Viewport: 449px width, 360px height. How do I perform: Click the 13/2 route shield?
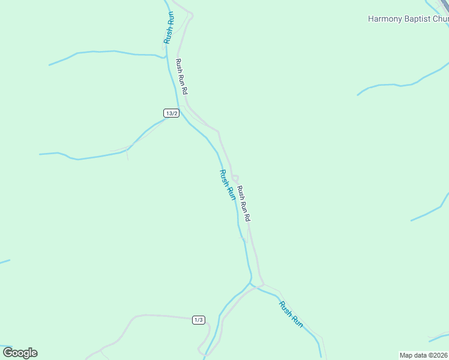click(x=171, y=113)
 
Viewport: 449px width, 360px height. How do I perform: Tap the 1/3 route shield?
click(x=199, y=320)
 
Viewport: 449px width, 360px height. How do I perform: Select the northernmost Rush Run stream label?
click(x=169, y=28)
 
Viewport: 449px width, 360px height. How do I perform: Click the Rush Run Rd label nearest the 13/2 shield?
click(x=182, y=77)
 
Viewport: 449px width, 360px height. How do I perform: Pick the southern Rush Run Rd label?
click(x=243, y=205)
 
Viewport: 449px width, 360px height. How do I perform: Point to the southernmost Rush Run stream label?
click(x=291, y=314)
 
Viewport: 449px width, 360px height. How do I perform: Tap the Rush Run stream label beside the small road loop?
click(x=226, y=184)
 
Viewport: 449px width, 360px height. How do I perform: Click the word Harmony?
click(x=385, y=19)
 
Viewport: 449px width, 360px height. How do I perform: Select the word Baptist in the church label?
click(x=417, y=19)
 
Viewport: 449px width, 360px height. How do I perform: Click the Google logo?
click(x=20, y=353)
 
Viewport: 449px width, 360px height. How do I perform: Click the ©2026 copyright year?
click(x=439, y=355)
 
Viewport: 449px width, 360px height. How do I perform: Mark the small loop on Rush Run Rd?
click(x=235, y=178)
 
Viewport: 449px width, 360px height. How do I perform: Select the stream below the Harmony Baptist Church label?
click(x=396, y=85)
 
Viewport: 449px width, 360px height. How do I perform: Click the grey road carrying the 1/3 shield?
click(x=162, y=315)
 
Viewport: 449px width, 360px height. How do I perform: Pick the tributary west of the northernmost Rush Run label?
click(x=108, y=53)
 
